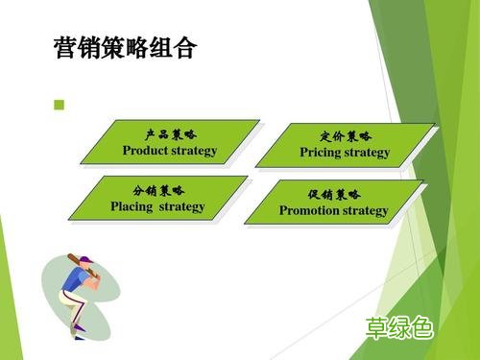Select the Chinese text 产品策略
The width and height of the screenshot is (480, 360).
point(170,134)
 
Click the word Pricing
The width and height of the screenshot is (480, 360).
point(320,153)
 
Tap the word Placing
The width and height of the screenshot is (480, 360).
point(132,206)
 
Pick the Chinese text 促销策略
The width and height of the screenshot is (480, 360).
point(334,195)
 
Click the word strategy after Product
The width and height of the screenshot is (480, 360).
point(196,151)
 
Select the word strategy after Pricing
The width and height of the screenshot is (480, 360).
point(368,153)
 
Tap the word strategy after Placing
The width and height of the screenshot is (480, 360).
point(182,206)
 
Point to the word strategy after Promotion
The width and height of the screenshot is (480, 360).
point(365,211)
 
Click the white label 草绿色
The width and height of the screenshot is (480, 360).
point(399,328)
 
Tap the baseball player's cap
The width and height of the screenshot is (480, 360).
point(85,260)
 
